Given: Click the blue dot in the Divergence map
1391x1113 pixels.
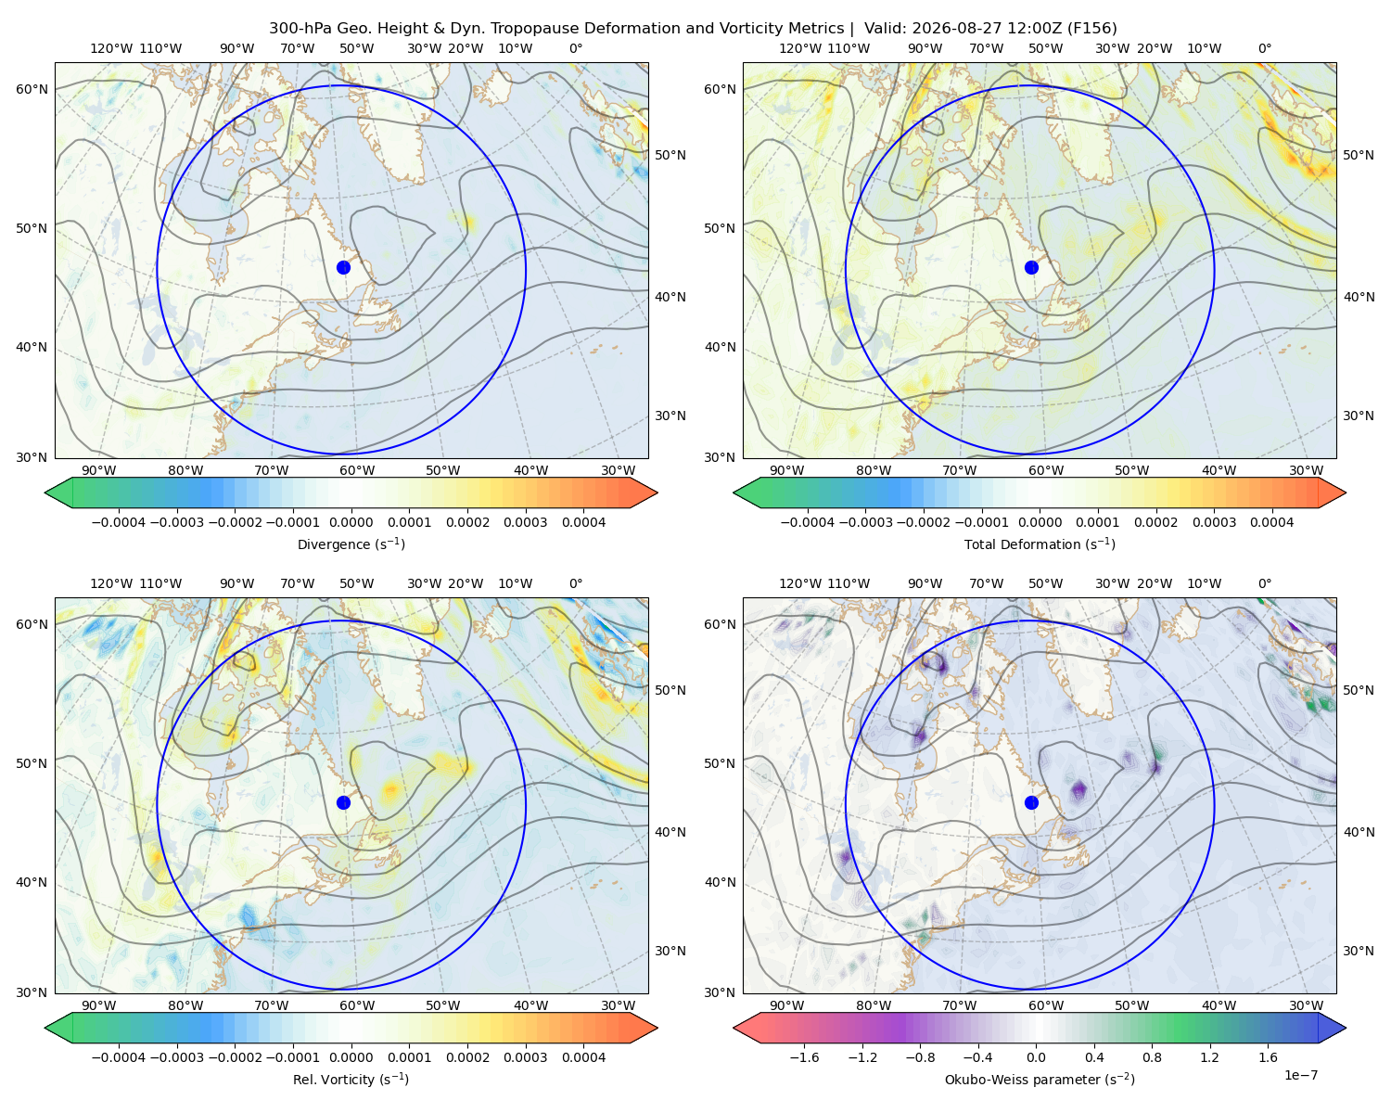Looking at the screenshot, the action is click(343, 268).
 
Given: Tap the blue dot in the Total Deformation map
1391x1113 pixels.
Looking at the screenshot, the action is click(1031, 268).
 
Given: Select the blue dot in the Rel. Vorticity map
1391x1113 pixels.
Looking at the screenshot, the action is click(343, 802).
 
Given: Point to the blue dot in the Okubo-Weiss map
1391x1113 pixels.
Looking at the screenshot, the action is click(1031, 802).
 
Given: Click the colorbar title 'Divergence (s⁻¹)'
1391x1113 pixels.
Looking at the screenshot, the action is click(351, 544).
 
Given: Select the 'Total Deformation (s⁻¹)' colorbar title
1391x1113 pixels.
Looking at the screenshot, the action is click(1040, 544).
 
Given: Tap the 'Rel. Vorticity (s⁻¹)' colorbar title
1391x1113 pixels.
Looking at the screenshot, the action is click(351, 1079).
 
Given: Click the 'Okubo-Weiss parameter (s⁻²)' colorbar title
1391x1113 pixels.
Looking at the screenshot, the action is click(1040, 1079).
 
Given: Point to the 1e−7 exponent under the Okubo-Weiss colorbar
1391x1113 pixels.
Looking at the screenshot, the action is click(1300, 1075).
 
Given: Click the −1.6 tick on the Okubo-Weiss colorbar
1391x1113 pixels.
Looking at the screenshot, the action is click(805, 1057).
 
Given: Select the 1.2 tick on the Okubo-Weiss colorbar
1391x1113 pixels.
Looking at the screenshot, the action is click(1209, 1057).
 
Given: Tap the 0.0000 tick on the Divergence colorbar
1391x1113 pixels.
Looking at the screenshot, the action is click(351, 522).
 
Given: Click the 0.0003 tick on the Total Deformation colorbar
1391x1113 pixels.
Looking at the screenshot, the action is click(1214, 522).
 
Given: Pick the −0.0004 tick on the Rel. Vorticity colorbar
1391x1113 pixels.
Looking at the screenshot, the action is click(119, 1057).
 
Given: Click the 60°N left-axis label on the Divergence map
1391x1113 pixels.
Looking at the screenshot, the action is click(32, 89).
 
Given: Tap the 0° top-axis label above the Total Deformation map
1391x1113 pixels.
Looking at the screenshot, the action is click(1264, 48).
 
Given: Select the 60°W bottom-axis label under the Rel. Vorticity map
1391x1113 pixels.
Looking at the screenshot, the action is click(357, 1005).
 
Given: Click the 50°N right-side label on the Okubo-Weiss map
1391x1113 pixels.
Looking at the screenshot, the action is click(1358, 690).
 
